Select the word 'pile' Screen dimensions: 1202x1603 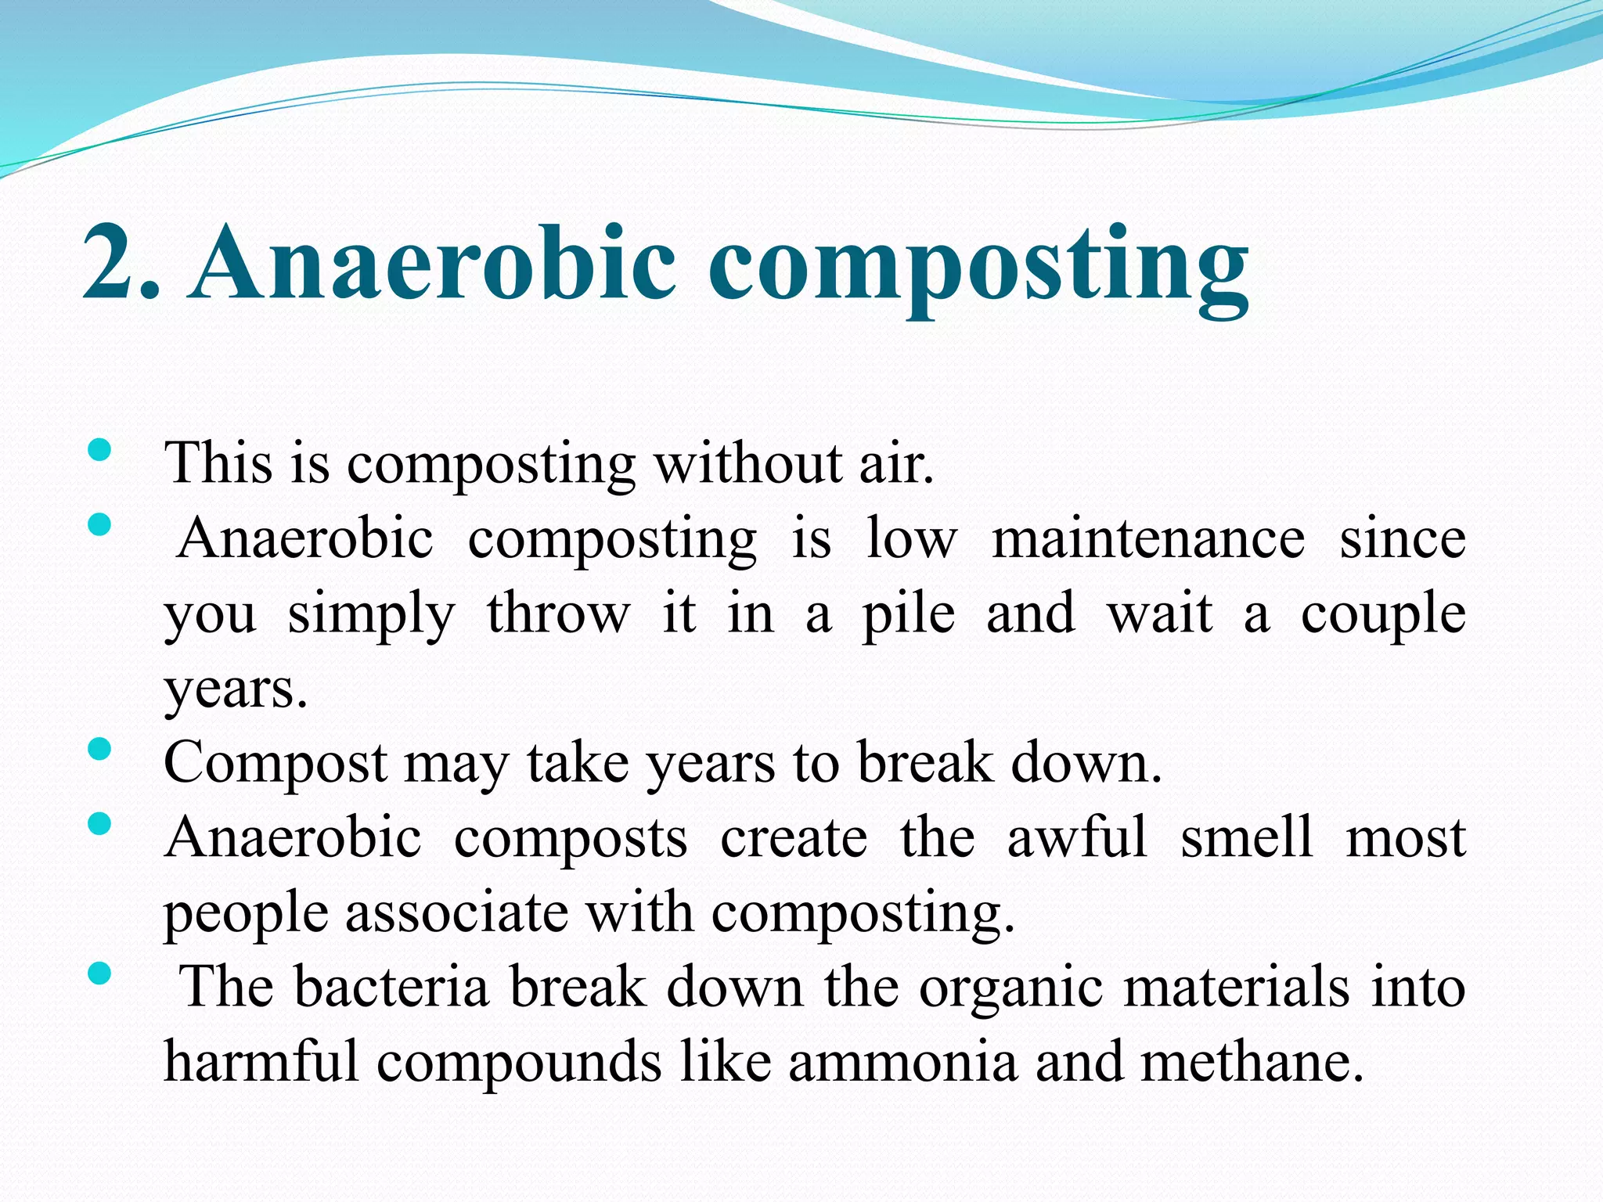(908, 615)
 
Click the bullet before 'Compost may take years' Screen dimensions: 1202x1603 (99, 750)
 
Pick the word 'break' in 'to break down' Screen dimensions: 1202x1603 (924, 762)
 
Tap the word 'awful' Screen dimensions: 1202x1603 (1076, 837)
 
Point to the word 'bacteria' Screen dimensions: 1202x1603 (391, 987)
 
